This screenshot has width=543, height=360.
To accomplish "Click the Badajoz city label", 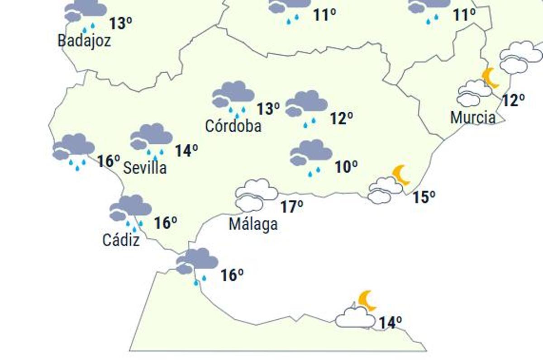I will [84, 41].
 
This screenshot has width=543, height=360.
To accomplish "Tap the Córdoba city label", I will [233, 126].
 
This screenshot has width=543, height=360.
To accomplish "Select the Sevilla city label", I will [145, 168].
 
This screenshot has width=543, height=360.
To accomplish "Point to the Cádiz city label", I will [121, 240].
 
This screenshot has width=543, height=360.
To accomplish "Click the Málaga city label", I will [253, 224].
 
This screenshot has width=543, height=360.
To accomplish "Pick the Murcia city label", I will [473, 118].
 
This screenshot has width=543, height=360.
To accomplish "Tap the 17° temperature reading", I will [291, 207].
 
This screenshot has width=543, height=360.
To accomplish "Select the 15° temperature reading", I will [424, 197].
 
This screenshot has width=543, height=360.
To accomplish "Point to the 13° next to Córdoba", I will [268, 109].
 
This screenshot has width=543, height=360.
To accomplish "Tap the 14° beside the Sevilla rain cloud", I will [186, 151].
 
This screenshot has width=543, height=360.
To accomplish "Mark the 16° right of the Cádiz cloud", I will [165, 223].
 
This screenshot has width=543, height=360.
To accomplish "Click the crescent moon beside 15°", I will [401, 175].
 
